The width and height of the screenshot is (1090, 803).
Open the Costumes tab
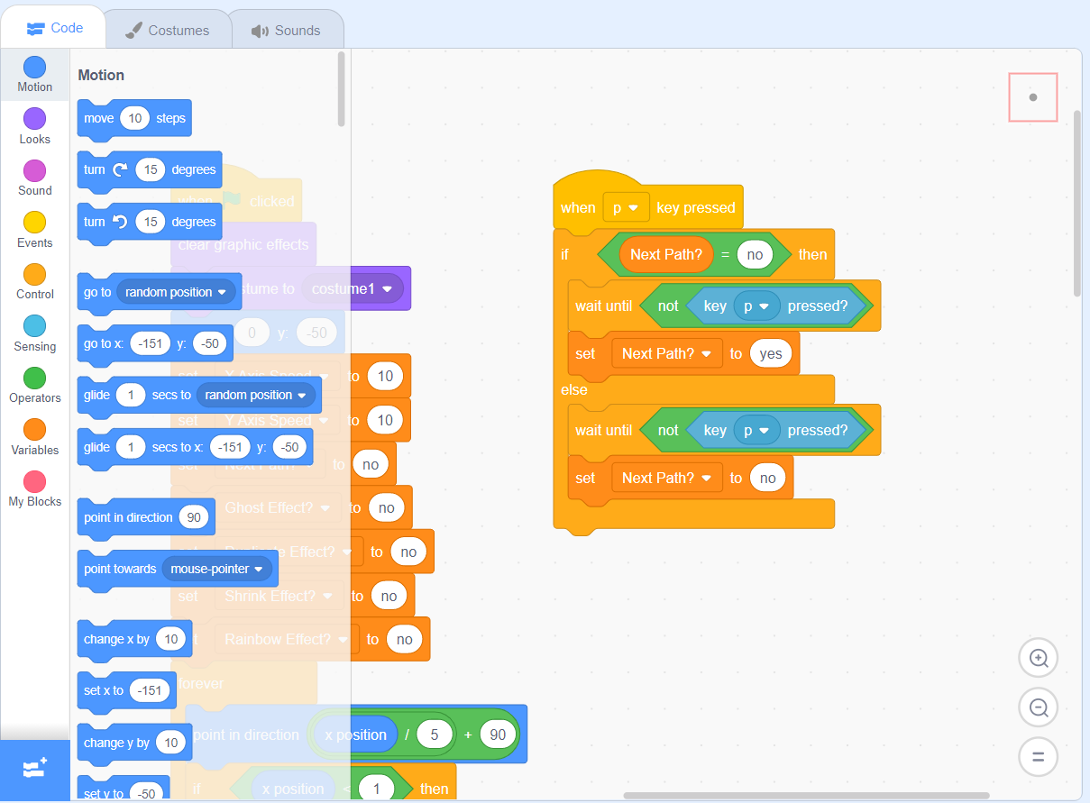(167, 30)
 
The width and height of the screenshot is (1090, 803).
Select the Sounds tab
(286, 30)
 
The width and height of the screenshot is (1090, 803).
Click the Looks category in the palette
(34, 125)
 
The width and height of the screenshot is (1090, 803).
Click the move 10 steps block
(97, 118)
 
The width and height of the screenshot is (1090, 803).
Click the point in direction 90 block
(127, 517)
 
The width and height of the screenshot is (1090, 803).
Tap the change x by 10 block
(114, 639)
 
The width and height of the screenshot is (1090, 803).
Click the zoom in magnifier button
(1038, 658)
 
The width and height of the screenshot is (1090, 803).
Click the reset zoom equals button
(1038, 756)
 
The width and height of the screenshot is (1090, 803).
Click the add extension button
(34, 770)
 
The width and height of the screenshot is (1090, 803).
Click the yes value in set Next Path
(771, 353)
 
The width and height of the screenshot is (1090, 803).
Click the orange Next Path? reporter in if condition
(665, 254)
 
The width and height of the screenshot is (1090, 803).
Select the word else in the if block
(573, 390)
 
